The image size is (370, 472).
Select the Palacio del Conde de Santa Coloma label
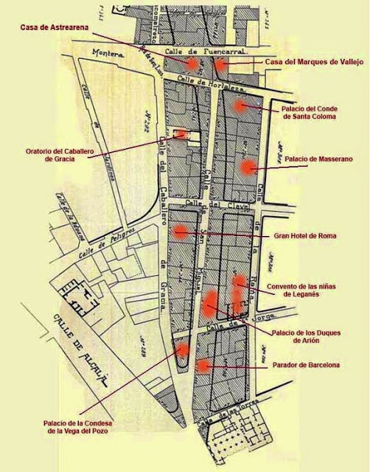coord(309,111)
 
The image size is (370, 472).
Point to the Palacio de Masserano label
coord(318,159)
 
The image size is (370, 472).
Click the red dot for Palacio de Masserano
coord(247,167)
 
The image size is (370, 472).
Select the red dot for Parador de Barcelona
coord(203,365)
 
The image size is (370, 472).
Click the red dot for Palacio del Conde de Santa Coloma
coord(239,105)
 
